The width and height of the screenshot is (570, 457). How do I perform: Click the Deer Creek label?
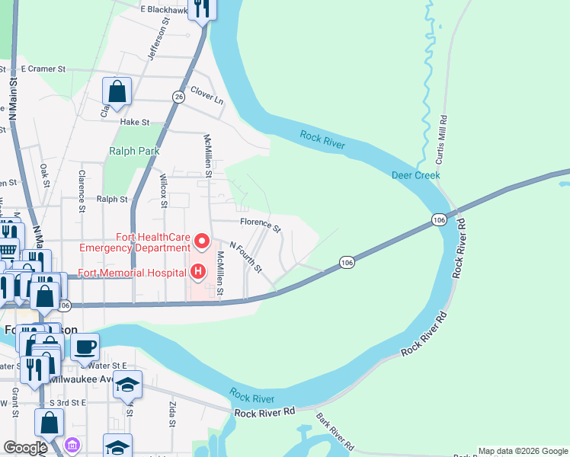415,175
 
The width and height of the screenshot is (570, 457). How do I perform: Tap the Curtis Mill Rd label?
441,140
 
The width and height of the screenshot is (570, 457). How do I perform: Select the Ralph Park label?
134,151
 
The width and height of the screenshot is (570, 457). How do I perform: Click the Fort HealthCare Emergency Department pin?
202,242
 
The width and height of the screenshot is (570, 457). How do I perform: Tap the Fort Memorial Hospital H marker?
197,270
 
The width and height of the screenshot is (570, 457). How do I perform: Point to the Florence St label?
261,225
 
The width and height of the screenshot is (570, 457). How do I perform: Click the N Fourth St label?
246,259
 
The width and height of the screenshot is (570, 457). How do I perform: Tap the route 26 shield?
178,97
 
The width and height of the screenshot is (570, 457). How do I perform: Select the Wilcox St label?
163,190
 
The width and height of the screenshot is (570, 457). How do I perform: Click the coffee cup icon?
85,347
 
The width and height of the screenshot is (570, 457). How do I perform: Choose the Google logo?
25,448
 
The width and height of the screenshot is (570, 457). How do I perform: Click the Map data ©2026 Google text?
523,451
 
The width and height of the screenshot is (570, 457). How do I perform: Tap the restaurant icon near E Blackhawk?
202,8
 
